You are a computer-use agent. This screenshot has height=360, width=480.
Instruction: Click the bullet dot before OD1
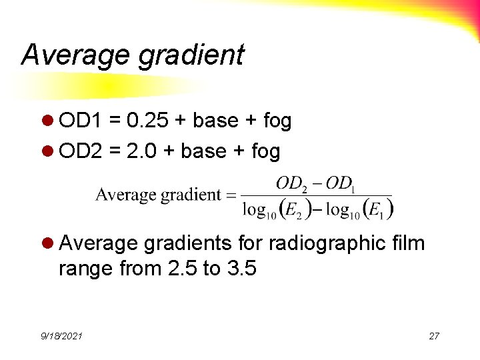49,121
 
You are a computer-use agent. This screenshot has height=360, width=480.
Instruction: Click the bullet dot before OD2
49,152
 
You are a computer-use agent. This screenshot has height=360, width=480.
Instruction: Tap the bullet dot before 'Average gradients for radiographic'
49,244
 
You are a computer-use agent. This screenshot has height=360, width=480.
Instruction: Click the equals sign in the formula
231,195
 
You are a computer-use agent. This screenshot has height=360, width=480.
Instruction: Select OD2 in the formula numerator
291,183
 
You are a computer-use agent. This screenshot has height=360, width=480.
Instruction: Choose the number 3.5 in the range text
241,269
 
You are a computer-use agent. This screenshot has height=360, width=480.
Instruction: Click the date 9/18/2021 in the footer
61,336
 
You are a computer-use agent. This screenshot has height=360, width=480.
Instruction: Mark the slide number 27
434,336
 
